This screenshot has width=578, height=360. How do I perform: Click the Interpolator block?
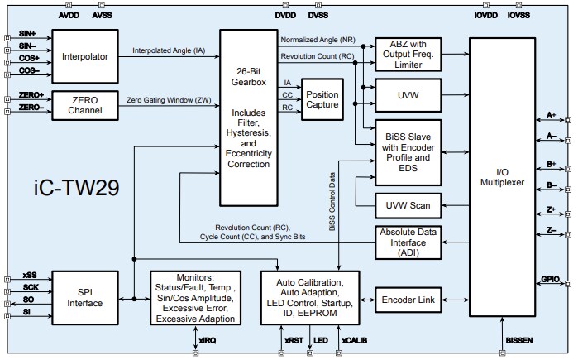pyautogui.click(x=85, y=56)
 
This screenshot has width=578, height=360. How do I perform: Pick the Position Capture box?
pyautogui.click(x=322, y=99)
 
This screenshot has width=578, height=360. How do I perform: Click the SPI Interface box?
pyautogui.click(x=85, y=297)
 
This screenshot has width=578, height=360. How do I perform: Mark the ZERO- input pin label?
pyautogui.click(x=31, y=108)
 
